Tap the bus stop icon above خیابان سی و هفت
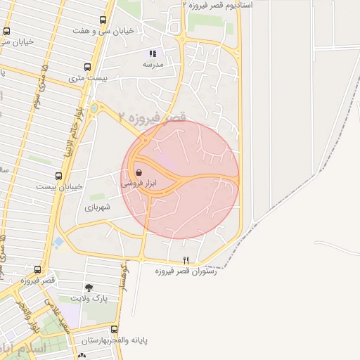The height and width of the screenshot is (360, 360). click(x=104, y=20)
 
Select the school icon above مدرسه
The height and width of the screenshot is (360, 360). click(x=153, y=53)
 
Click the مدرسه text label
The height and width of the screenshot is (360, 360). click(x=153, y=64)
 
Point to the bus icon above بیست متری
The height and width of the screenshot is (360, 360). click(x=87, y=67)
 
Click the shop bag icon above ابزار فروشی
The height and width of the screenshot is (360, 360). click(x=139, y=172)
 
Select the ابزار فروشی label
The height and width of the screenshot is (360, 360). click(x=139, y=183)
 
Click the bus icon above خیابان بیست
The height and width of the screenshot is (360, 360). click(x=58, y=176)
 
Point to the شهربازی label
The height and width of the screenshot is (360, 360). click(x=98, y=207)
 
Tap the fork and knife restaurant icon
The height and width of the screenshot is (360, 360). click(x=186, y=260)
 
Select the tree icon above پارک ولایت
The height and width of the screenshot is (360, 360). click(x=89, y=288)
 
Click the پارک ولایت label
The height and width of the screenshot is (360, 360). click(x=92, y=299)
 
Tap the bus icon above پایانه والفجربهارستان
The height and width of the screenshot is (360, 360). click(x=115, y=329)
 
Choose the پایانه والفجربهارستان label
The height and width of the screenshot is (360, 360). click(x=114, y=340)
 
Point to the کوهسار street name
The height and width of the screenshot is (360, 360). click(x=124, y=278)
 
